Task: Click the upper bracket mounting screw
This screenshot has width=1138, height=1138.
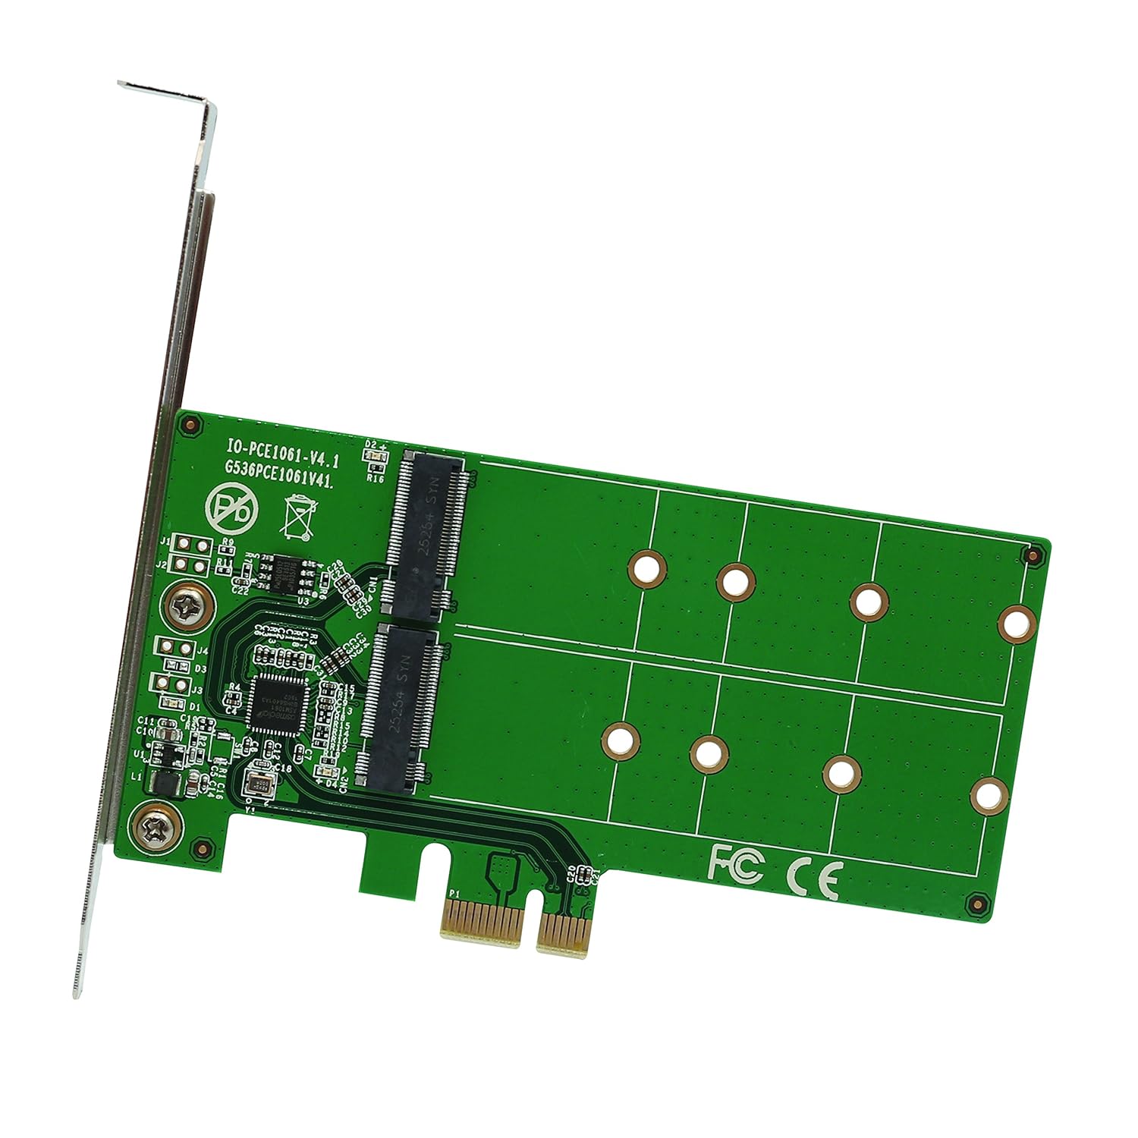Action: click(x=187, y=606)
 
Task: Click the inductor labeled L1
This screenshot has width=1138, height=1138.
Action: click(x=166, y=783)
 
